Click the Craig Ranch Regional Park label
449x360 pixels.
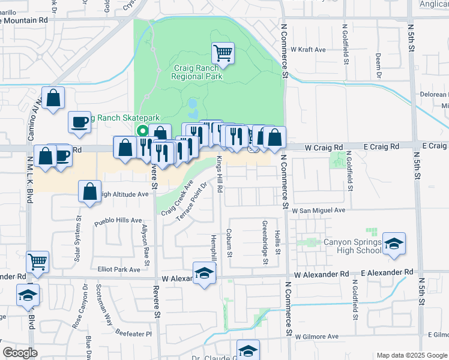point(196,72)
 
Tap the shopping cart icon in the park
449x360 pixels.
point(223,53)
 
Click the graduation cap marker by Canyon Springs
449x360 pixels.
point(394,244)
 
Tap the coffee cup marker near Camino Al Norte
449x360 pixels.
point(80,122)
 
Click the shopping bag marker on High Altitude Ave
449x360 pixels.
point(89,192)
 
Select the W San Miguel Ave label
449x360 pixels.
point(319,211)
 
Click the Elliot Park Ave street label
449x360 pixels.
point(119,270)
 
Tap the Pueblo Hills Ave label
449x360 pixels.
point(118,221)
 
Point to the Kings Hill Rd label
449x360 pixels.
point(220,175)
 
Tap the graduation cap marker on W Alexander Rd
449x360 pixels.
point(204,274)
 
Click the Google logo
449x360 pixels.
point(20,353)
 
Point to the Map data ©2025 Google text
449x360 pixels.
point(411,355)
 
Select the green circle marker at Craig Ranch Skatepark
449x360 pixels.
point(143,131)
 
